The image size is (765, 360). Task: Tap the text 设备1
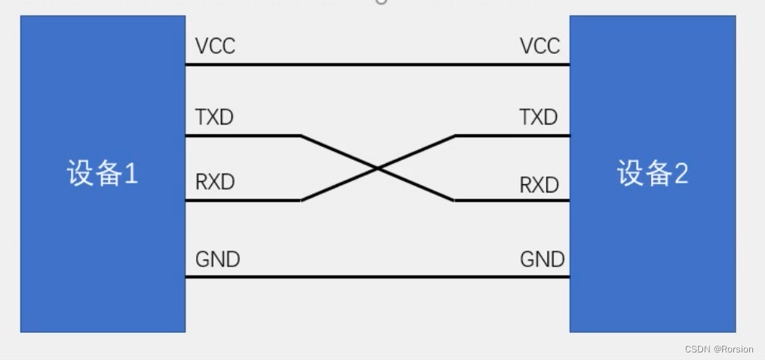pos(103,174)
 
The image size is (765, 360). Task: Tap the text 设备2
pos(653,174)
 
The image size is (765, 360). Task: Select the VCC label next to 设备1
pos(215,46)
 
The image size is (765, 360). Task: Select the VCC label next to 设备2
pos(540,46)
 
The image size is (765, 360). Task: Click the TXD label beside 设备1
pos(215,117)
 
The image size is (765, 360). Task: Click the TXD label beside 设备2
pos(539,117)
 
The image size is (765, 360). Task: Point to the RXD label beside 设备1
pos(215,182)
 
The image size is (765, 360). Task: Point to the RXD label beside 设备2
pos(539,185)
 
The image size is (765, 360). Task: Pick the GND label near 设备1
pos(217,260)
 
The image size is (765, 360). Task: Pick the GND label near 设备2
pos(542,260)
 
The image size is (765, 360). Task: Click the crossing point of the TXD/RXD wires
pos(377,168)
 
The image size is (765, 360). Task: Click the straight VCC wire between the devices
pos(377,65)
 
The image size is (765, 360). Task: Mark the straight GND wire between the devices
pos(377,277)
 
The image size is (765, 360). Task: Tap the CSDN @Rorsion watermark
pos(719,349)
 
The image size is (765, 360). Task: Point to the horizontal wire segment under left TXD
pos(241,136)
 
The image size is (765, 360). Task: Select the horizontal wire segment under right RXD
pos(513,201)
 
